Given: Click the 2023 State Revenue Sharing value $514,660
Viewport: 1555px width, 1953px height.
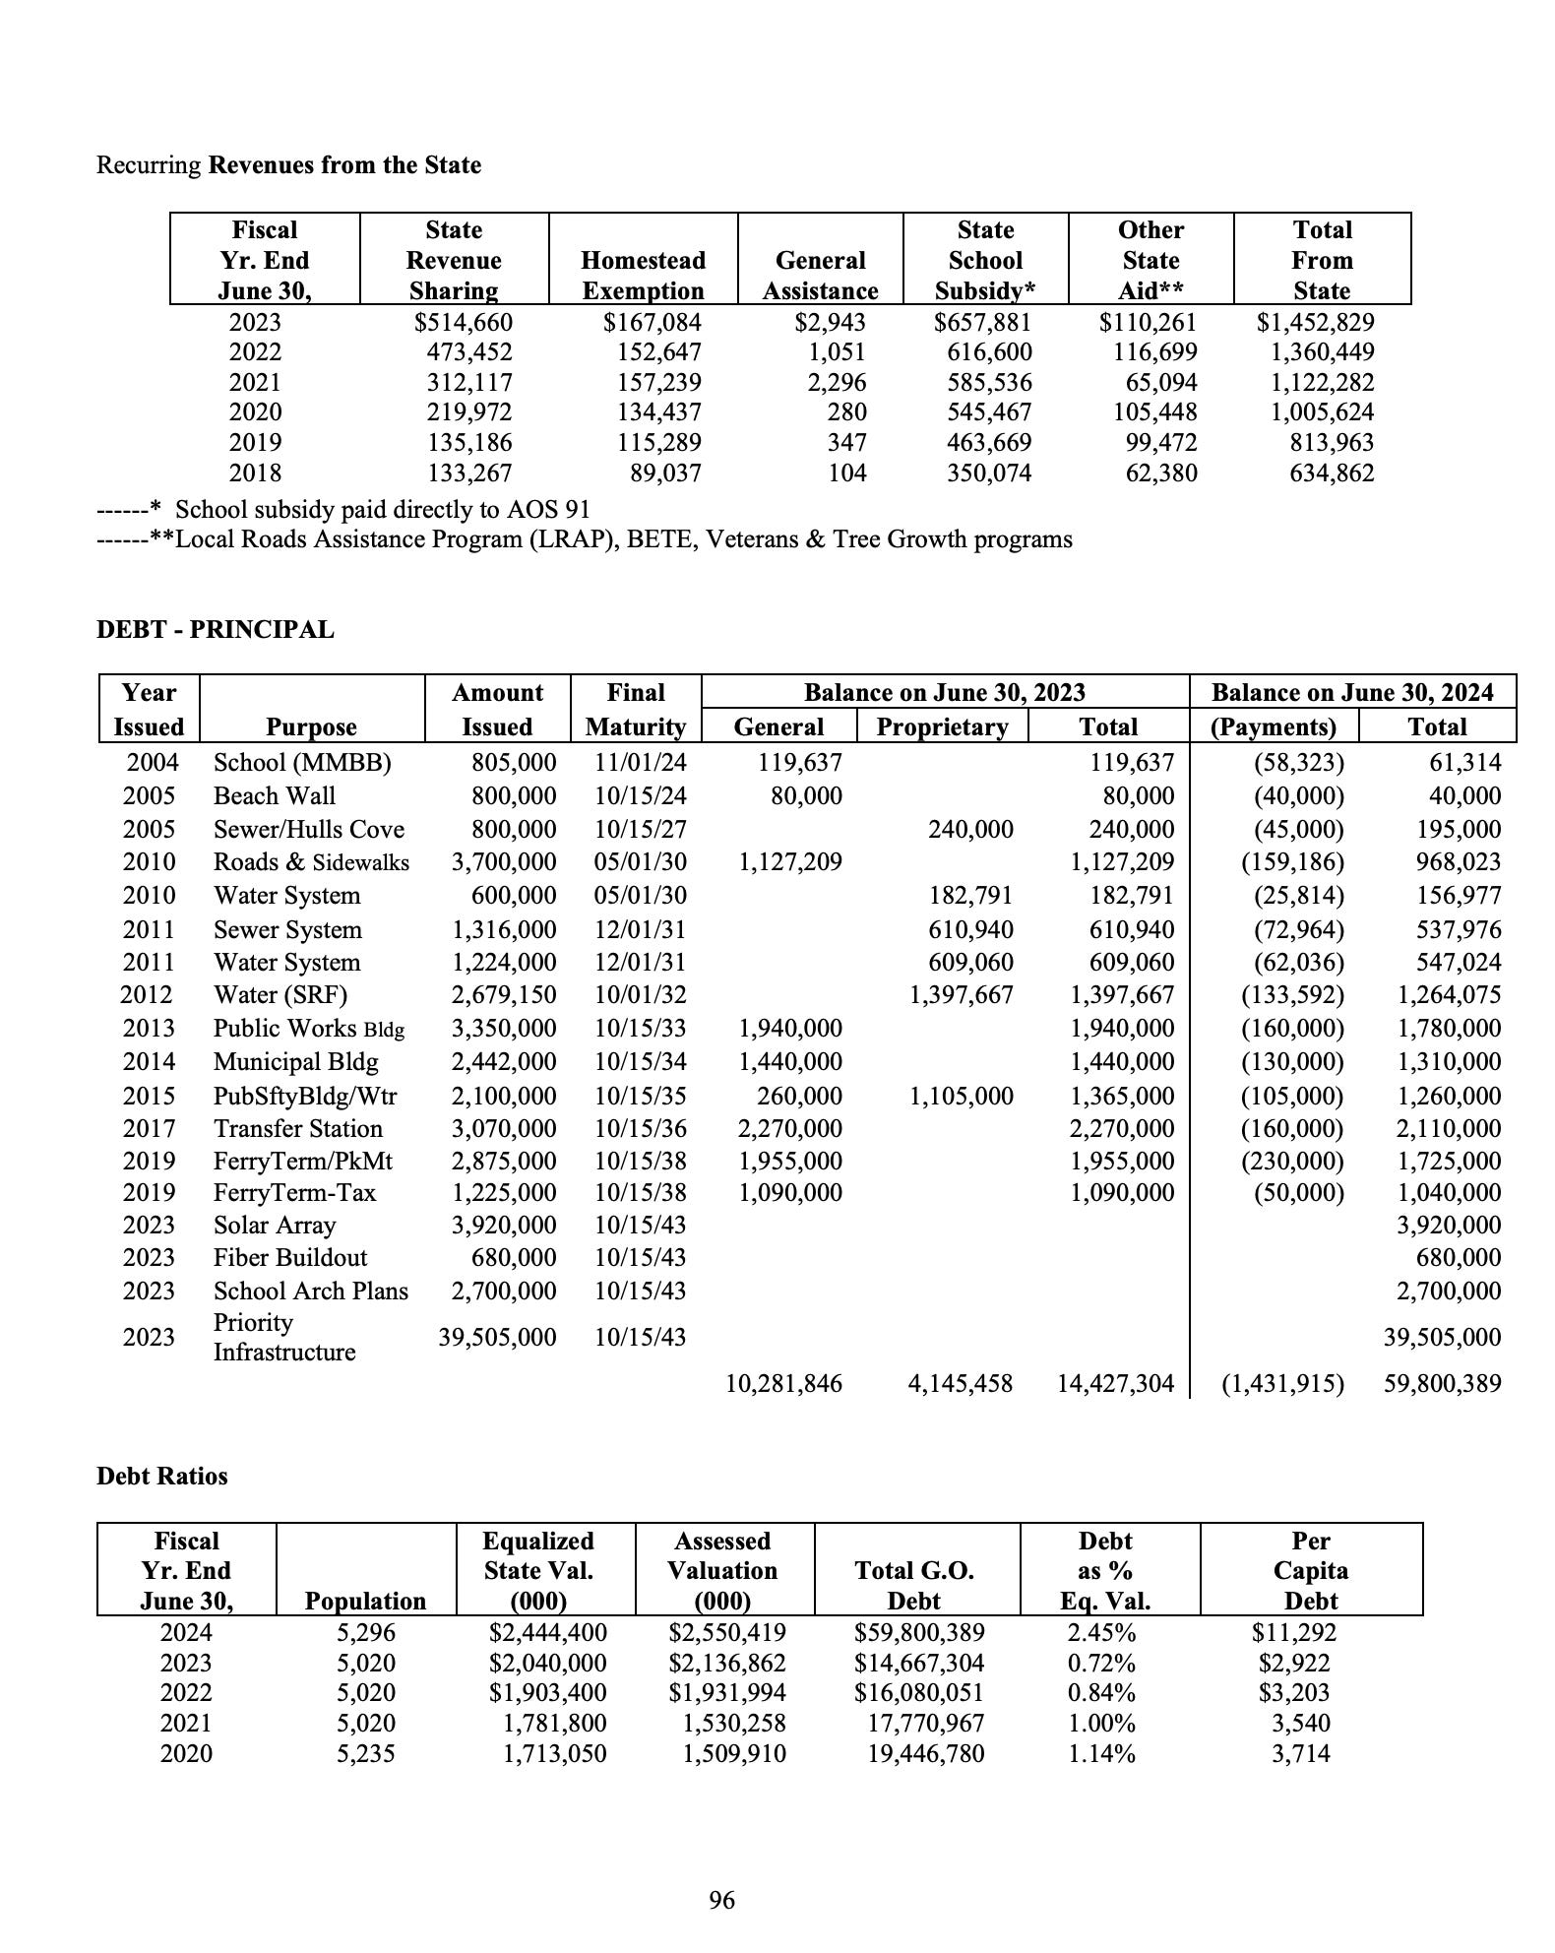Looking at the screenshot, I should point(464,322).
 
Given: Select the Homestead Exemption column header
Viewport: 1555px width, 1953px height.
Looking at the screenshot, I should point(643,275).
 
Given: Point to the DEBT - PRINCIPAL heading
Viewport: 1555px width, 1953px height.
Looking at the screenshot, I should point(215,629).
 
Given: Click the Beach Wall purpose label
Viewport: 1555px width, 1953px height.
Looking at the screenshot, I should point(274,795).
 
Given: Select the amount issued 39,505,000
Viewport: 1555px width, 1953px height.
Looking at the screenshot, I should point(497,1337).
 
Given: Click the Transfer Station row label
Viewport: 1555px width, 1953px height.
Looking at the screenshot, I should point(297,1128).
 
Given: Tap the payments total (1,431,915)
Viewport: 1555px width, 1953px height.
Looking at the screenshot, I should point(1282,1383).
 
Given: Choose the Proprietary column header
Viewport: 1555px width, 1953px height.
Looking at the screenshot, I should point(942,726).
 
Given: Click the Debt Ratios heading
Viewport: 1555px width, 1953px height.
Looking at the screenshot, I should point(161,1476).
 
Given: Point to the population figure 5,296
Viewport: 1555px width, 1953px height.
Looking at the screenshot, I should point(365,1633).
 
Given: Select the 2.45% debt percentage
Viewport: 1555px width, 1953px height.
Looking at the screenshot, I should point(1101,1633).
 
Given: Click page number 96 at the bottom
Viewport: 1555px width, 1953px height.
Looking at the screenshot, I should point(721,1900).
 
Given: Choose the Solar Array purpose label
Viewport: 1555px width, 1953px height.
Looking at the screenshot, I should point(275,1225).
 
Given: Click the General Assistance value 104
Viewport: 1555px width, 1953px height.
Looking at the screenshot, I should point(846,473).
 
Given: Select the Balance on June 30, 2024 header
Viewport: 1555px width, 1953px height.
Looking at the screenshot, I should point(1352,692).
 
